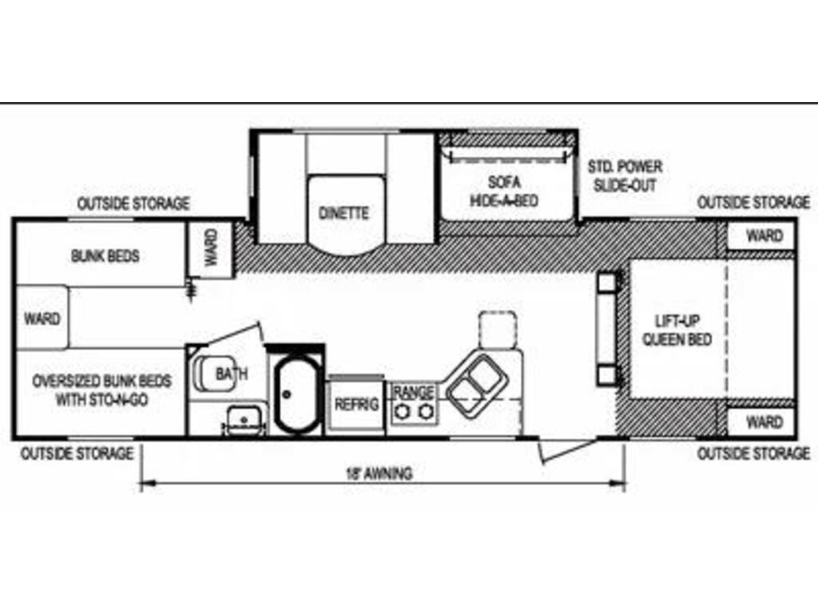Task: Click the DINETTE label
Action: click(x=344, y=213)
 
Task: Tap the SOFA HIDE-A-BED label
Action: click(x=504, y=191)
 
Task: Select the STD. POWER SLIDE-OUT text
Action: click(x=625, y=176)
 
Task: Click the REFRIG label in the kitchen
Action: click(x=356, y=404)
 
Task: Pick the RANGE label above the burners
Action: click(x=414, y=392)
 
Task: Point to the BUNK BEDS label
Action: click(x=105, y=256)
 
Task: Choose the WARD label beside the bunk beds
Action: click(x=42, y=318)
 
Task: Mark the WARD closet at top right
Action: click(x=764, y=235)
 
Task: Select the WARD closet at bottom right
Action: click(x=764, y=421)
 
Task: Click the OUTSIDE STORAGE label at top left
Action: click(x=133, y=204)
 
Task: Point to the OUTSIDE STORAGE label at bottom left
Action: click(x=77, y=453)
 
